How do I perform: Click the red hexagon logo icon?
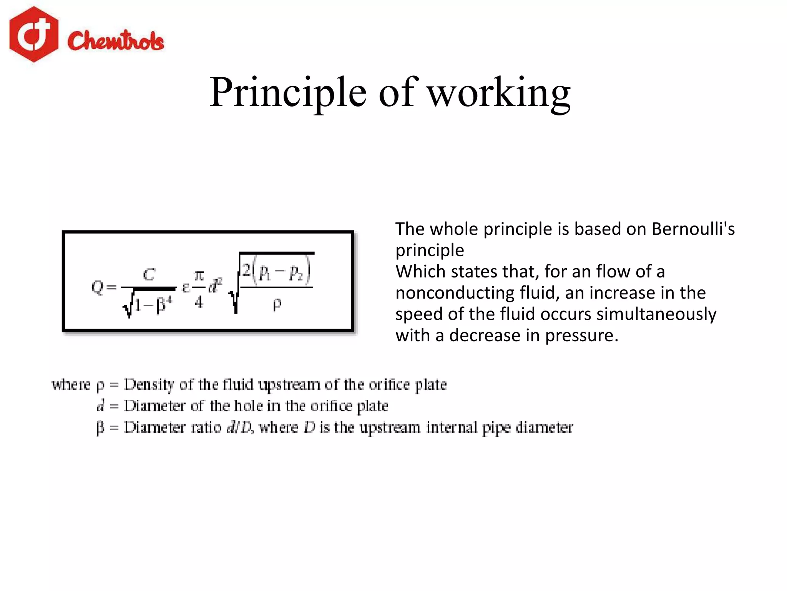34,34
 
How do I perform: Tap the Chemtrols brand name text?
116,41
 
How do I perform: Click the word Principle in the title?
288,92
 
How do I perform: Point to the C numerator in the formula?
149,275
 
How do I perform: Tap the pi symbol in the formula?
199,276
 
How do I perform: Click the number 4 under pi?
199,302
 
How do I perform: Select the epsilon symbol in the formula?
186,287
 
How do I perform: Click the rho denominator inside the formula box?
277,305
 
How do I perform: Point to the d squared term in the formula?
215,286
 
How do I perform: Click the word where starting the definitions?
71,384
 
